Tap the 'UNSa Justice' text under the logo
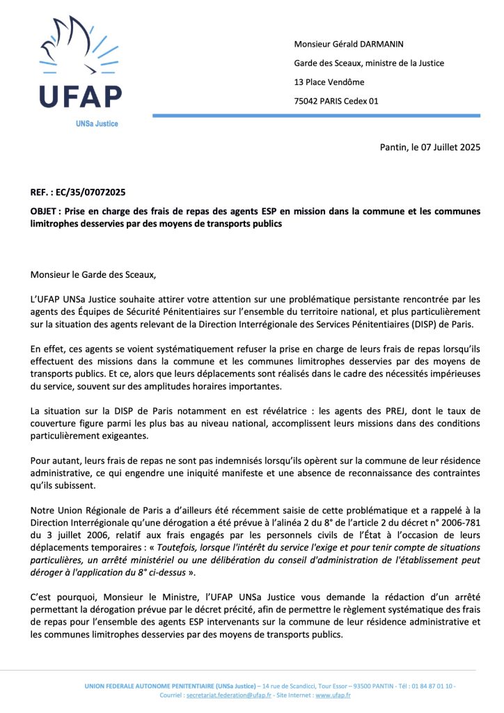97,123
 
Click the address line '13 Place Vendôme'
329,82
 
